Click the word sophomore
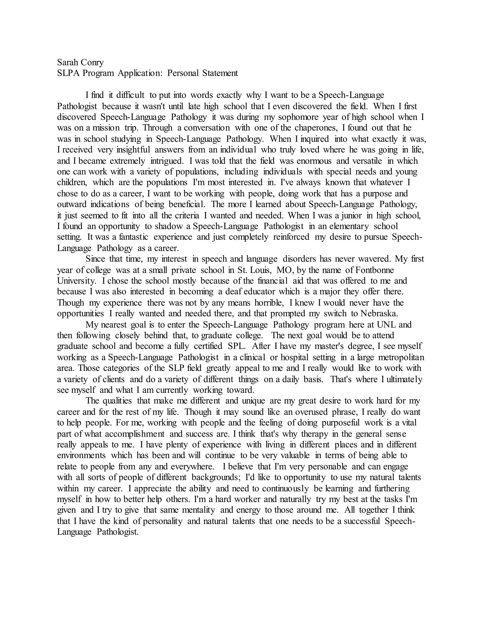pos(298,117)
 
